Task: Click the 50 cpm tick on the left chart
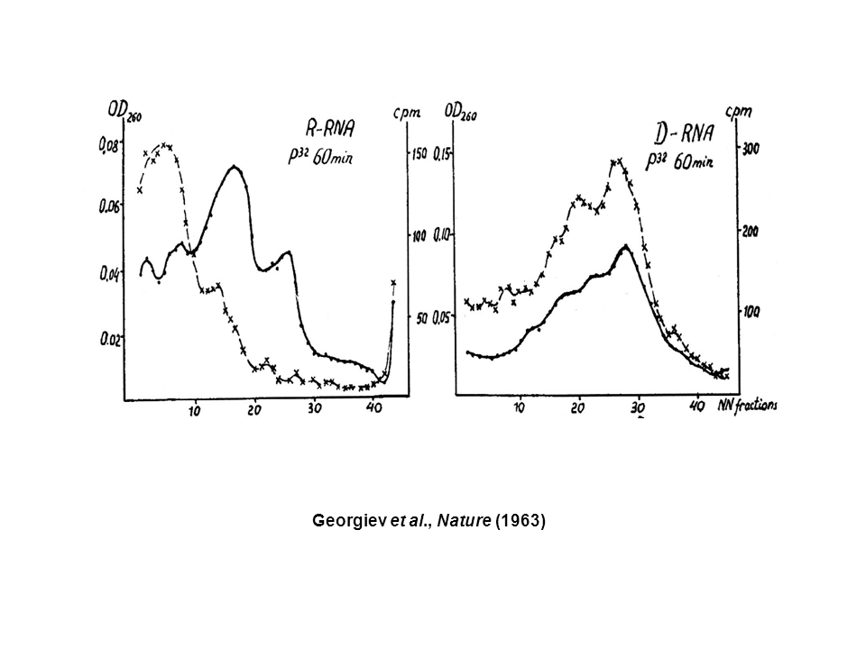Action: (x=421, y=317)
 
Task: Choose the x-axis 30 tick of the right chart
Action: (x=638, y=408)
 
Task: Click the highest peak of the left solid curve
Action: (x=235, y=167)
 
